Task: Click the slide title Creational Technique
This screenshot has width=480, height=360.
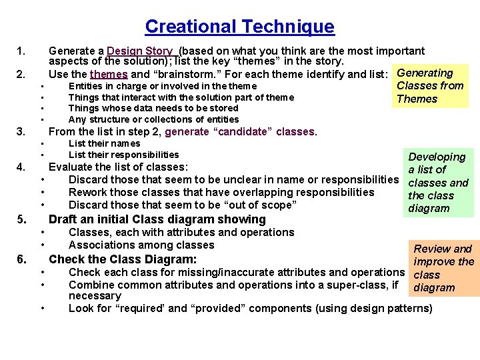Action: [239, 27]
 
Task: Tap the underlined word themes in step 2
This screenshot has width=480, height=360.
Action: [109, 74]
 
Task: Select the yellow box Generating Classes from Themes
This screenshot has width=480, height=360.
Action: [431, 86]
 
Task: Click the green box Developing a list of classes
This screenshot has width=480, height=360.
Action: [437, 182]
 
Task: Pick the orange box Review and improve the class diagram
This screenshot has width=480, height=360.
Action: [443, 268]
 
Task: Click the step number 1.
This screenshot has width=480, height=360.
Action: [21, 51]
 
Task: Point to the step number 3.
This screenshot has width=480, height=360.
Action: [21, 131]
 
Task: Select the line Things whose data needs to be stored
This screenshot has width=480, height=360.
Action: [153, 108]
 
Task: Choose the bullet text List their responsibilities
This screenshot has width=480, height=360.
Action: [123, 155]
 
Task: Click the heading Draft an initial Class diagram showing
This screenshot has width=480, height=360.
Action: [157, 219]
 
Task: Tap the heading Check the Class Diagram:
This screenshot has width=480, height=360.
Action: [123, 259]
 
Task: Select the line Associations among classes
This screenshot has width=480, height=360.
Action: [141, 245]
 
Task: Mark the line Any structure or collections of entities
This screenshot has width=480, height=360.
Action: [153, 119]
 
